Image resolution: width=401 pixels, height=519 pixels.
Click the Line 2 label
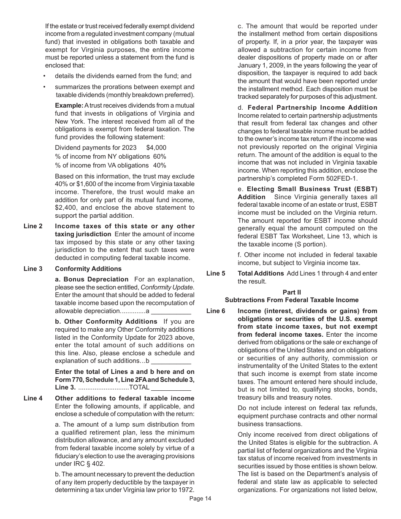33,226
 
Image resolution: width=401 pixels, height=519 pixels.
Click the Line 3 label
33,269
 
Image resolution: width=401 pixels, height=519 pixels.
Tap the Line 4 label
33,398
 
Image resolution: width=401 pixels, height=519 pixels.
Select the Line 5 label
216,273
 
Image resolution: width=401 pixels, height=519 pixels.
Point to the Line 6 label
216,311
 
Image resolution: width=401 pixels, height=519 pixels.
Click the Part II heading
292,292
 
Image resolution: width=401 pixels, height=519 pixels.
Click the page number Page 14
200,499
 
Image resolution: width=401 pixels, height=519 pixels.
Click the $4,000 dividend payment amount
156,148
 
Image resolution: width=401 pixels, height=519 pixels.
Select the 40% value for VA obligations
159,165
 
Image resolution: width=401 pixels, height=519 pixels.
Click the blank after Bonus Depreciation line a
171,312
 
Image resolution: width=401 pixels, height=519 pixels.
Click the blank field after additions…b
171,362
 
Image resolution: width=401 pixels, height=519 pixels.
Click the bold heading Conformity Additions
88,269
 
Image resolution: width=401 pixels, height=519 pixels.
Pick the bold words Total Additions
261,273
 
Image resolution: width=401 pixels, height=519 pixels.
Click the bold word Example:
69,105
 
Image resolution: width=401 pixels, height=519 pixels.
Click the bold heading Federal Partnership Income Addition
312,108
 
